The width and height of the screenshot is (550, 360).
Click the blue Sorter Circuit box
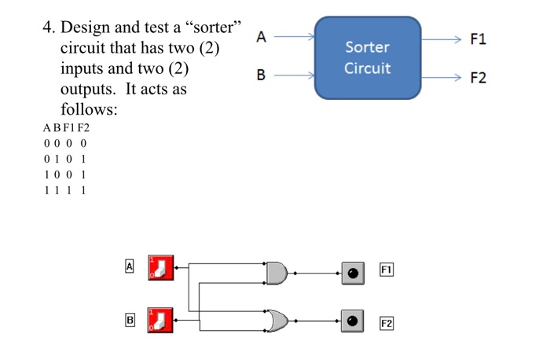[x=367, y=57]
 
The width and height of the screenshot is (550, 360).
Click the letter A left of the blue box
[x=262, y=36]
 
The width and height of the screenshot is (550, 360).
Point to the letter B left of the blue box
[x=262, y=75]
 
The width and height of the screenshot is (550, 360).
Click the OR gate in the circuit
[x=277, y=320]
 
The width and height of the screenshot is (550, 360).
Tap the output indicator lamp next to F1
[x=353, y=274]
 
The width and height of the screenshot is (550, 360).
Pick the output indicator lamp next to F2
[x=353, y=321]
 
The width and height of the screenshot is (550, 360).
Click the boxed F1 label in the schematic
[x=386, y=270]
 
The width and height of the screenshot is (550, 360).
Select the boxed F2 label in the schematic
[x=386, y=323]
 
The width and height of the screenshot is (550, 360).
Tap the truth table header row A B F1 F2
[x=68, y=127]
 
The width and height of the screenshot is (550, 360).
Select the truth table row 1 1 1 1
[x=66, y=189]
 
